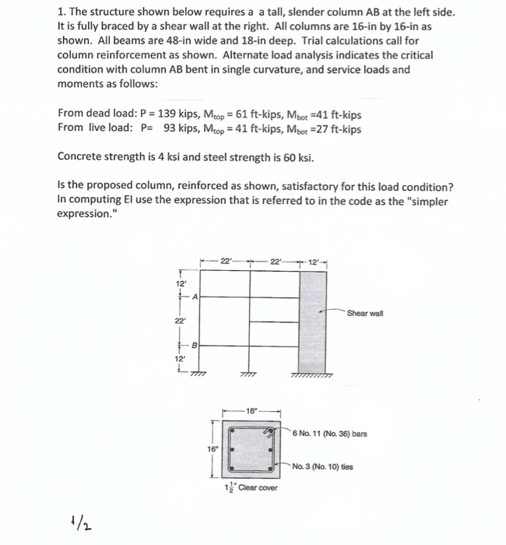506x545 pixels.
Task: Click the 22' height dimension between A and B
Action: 180,319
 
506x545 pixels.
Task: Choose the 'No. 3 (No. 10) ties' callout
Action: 327,467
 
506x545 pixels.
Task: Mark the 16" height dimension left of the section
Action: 213,448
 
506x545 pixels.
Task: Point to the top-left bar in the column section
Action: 231,430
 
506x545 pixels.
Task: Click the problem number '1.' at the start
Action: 62,14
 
